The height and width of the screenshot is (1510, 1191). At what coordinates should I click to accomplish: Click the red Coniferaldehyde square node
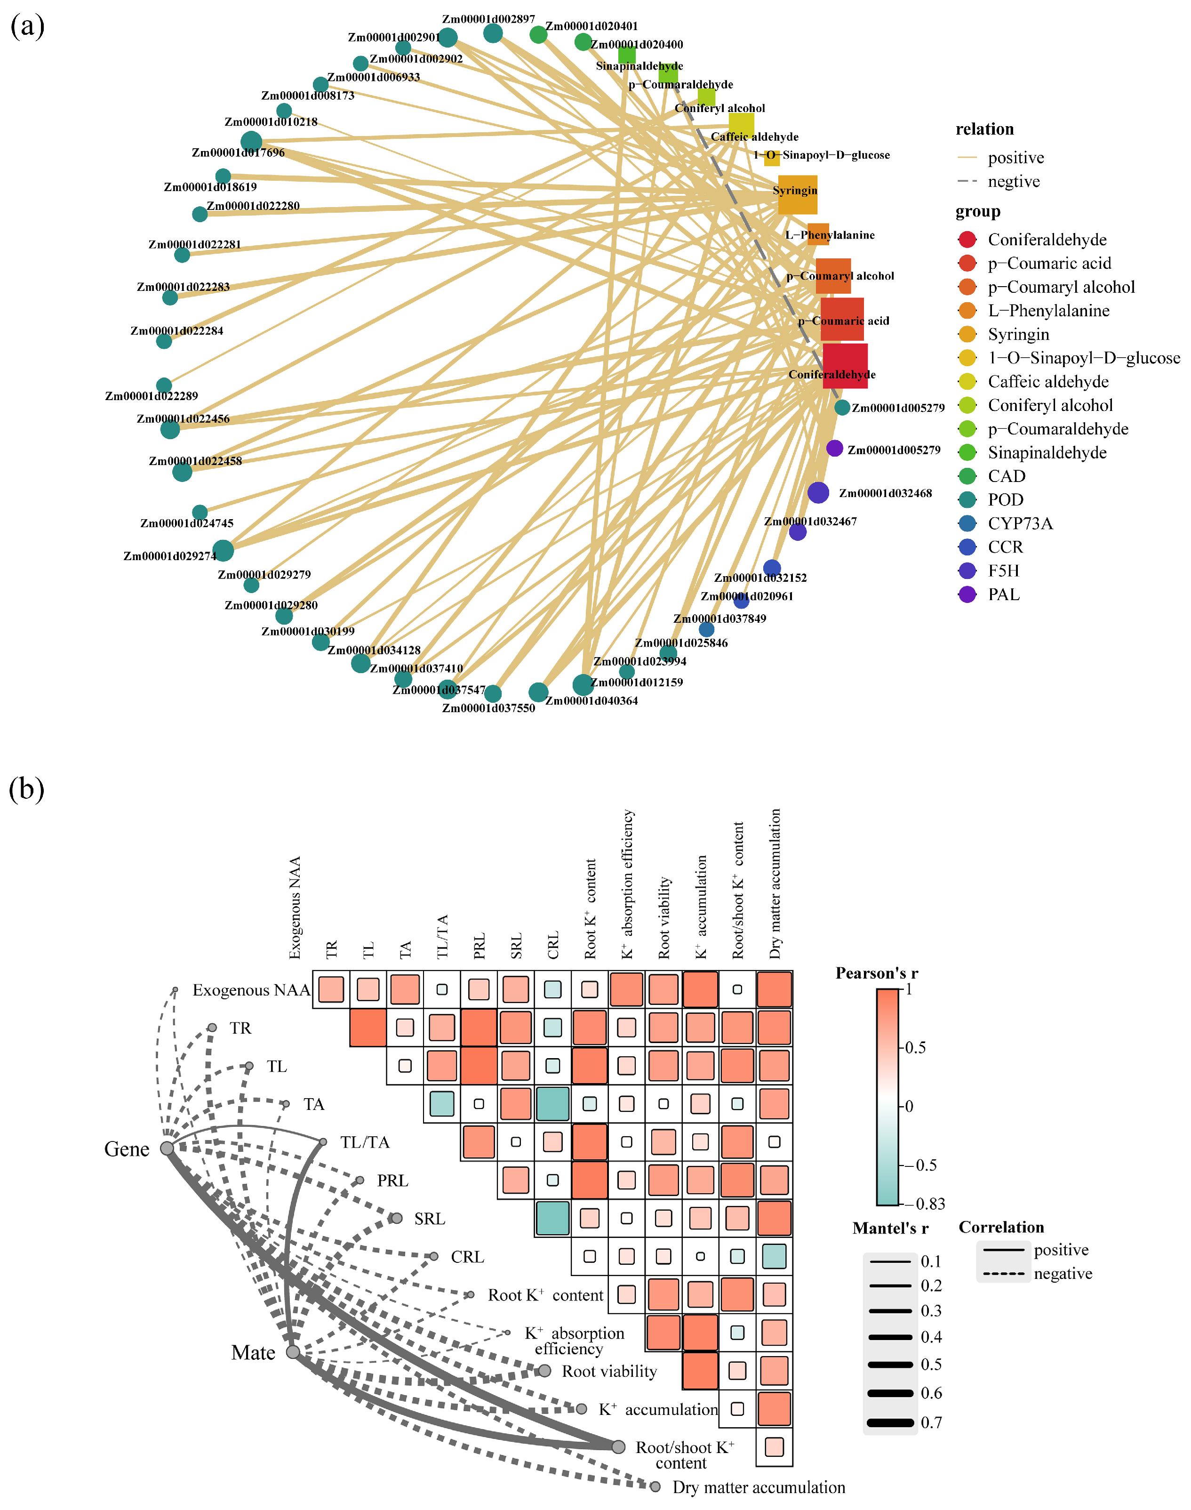pos(845,365)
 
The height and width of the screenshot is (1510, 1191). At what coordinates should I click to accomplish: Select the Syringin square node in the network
pos(797,194)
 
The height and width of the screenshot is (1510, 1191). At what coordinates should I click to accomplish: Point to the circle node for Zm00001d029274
pos(223,550)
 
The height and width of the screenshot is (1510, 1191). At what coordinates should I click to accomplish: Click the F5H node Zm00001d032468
pos(818,492)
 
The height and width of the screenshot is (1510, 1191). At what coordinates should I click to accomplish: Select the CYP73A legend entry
pos(1020,524)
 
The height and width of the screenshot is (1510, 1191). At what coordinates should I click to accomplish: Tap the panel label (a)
pos(27,26)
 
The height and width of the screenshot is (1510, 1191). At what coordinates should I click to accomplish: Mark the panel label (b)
pos(26,789)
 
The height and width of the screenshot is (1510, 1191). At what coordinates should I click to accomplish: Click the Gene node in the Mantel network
pos(168,1148)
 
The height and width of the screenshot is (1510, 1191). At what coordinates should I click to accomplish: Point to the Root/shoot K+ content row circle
pos(618,1446)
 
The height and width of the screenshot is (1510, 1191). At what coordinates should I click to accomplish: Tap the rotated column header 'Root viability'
pos(664,917)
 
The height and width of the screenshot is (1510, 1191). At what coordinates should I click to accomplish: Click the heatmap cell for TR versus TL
pos(368,1028)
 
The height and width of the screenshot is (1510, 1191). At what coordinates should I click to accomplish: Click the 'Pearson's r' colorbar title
pos(877,973)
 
